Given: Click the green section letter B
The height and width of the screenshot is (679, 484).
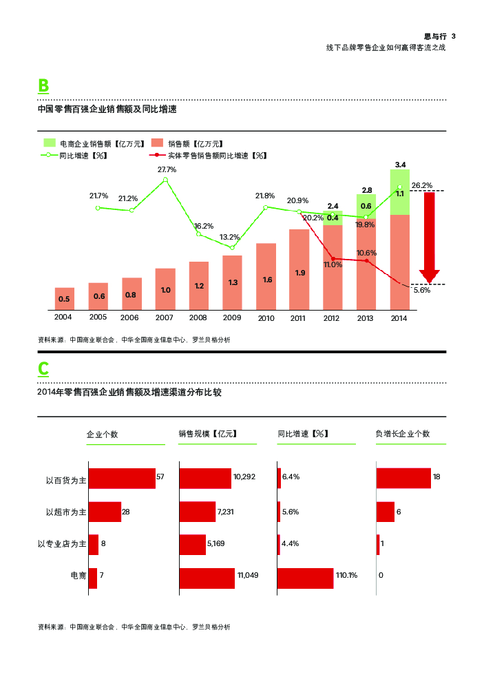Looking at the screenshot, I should click(x=43, y=85).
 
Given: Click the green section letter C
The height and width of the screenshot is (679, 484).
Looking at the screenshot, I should click(x=43, y=369).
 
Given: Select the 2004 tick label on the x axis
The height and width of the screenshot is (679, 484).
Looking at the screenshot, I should click(x=63, y=317).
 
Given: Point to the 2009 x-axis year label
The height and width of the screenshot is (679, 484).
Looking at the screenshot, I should click(x=232, y=317).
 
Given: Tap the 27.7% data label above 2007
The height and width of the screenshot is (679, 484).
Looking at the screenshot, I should click(x=167, y=169).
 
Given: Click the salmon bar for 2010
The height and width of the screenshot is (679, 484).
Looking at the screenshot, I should click(x=266, y=276).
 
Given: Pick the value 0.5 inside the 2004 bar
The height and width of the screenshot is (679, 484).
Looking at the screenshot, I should click(x=64, y=299).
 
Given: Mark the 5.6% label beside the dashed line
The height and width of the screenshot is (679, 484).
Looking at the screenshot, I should click(x=421, y=290).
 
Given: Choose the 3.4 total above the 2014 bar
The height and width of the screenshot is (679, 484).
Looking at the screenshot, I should click(x=400, y=164).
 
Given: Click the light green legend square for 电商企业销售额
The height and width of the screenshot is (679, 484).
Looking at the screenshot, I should click(x=50, y=143).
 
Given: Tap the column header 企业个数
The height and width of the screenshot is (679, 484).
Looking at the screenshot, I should click(x=102, y=434).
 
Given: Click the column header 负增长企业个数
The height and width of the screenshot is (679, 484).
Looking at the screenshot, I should click(x=402, y=434).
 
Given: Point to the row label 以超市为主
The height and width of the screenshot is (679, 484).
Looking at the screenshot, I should click(x=66, y=512).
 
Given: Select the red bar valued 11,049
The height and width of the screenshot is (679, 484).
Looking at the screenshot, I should click(x=207, y=578).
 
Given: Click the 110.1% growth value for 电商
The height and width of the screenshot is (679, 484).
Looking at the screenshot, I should click(x=347, y=575).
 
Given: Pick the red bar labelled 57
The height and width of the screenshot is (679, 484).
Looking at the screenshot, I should click(x=122, y=479).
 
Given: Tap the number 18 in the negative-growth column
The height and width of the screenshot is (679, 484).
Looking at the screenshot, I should click(x=436, y=477).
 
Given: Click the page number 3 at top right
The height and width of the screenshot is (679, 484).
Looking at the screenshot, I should click(x=454, y=36).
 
